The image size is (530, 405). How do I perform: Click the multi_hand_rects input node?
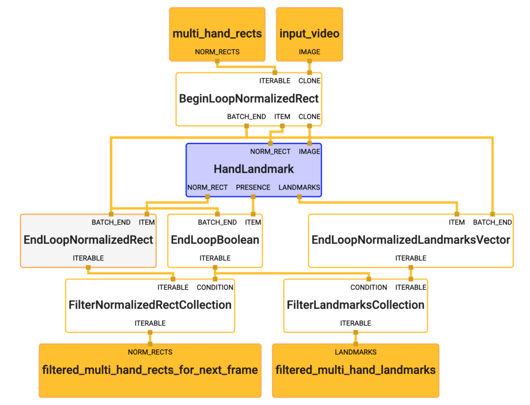(217, 34)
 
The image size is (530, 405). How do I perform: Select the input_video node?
(309, 34)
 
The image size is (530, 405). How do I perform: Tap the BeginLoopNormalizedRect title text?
(248, 99)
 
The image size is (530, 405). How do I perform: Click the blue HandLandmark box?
(253, 169)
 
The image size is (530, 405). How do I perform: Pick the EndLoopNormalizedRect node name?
(88, 240)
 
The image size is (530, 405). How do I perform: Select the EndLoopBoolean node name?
(215, 240)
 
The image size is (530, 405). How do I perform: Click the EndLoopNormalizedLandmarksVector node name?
(411, 240)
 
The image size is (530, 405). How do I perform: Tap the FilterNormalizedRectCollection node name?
(150, 305)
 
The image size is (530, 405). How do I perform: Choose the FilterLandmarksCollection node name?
(355, 305)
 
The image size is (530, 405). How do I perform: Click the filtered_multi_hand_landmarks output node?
(356, 370)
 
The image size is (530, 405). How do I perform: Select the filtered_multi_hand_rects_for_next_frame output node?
(150, 370)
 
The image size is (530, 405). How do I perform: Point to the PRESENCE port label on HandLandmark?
(253, 187)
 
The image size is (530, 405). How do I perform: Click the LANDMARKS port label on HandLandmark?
(299, 187)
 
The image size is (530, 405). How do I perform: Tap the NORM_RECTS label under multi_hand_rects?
(217, 52)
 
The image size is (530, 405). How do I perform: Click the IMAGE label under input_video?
(309, 52)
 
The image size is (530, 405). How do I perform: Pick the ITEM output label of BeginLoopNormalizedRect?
(282, 116)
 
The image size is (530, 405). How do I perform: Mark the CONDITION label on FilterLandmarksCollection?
(369, 287)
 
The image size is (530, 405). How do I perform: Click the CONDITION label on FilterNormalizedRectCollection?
(215, 287)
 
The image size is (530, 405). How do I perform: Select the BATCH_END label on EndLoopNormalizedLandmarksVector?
(492, 222)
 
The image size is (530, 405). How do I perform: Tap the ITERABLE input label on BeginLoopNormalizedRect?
(274, 81)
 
